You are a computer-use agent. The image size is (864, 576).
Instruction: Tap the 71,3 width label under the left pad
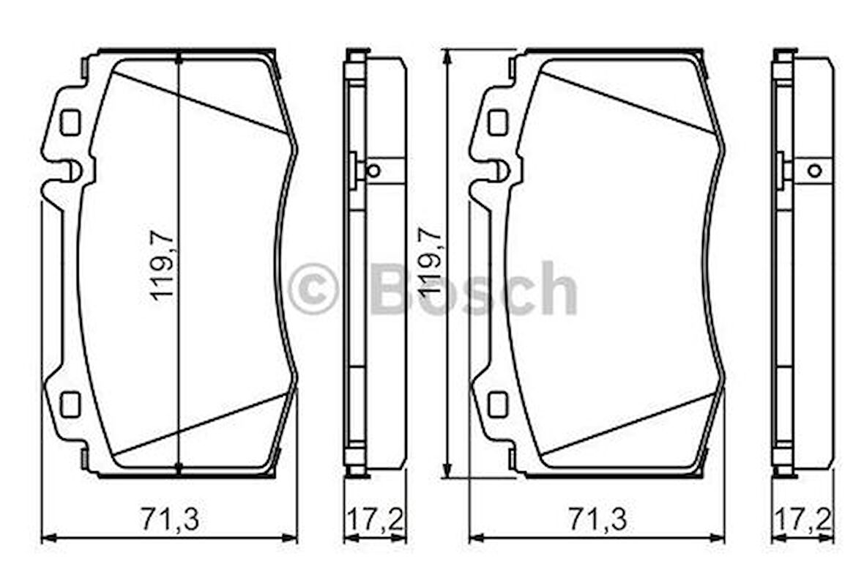pos(169,519)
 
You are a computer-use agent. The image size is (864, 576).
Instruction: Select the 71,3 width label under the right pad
pos(597,519)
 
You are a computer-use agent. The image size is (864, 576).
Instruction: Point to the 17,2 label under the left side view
pos(375,519)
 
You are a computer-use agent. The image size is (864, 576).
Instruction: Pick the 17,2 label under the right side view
pos(802,519)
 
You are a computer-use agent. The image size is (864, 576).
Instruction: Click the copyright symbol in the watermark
pos(313,289)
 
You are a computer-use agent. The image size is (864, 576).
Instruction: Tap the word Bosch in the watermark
pos(474,289)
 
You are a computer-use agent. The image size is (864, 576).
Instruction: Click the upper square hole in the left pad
pos(70,122)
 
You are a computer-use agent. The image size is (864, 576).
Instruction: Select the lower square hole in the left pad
pos(70,404)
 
